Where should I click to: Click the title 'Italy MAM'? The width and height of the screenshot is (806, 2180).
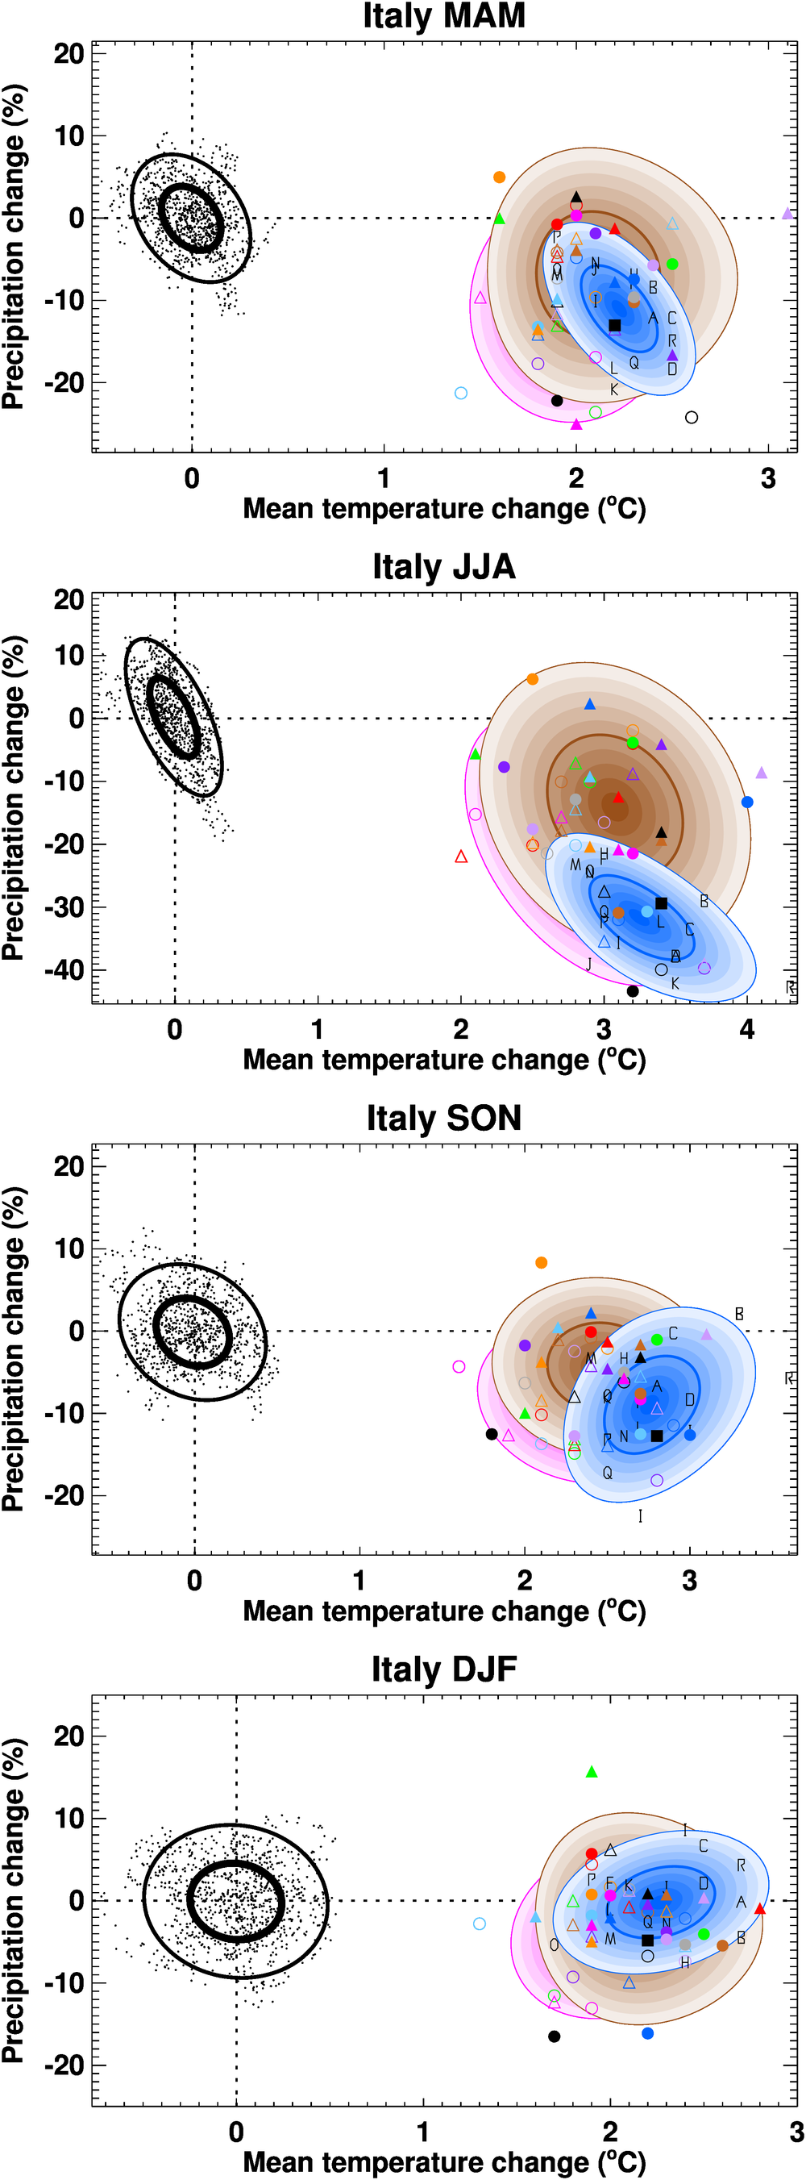[x=444, y=16]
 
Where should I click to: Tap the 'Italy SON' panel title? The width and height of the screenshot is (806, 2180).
[x=444, y=1118]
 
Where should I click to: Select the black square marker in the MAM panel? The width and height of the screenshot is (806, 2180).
[x=615, y=326]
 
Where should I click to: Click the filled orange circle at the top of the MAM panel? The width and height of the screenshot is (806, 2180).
[x=499, y=177]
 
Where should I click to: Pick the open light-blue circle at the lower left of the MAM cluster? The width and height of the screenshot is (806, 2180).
[x=461, y=394]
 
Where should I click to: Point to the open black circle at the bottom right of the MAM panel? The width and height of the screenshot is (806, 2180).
[x=692, y=417]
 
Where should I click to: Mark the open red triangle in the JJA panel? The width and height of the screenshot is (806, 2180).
[x=461, y=857]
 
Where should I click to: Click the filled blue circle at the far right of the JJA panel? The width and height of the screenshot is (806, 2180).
[x=747, y=802]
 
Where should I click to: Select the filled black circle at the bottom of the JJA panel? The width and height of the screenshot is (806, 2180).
[x=633, y=991]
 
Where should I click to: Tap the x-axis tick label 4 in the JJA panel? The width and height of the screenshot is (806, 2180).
[x=747, y=1030]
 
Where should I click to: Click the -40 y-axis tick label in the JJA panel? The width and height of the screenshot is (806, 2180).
[x=64, y=969]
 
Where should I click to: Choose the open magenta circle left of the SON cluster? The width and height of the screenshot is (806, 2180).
[x=459, y=1367]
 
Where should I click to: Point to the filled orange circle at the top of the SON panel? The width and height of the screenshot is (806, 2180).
[x=542, y=1263]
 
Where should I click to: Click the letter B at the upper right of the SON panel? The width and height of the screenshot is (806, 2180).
[x=739, y=1315]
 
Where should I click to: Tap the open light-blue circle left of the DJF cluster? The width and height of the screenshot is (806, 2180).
[x=480, y=1924]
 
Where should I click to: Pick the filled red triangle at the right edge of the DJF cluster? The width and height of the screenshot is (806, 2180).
[x=759, y=1909]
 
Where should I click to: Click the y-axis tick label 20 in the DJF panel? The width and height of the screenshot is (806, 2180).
[x=69, y=1736]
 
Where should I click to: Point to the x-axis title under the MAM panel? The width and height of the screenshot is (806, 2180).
[x=444, y=510]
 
